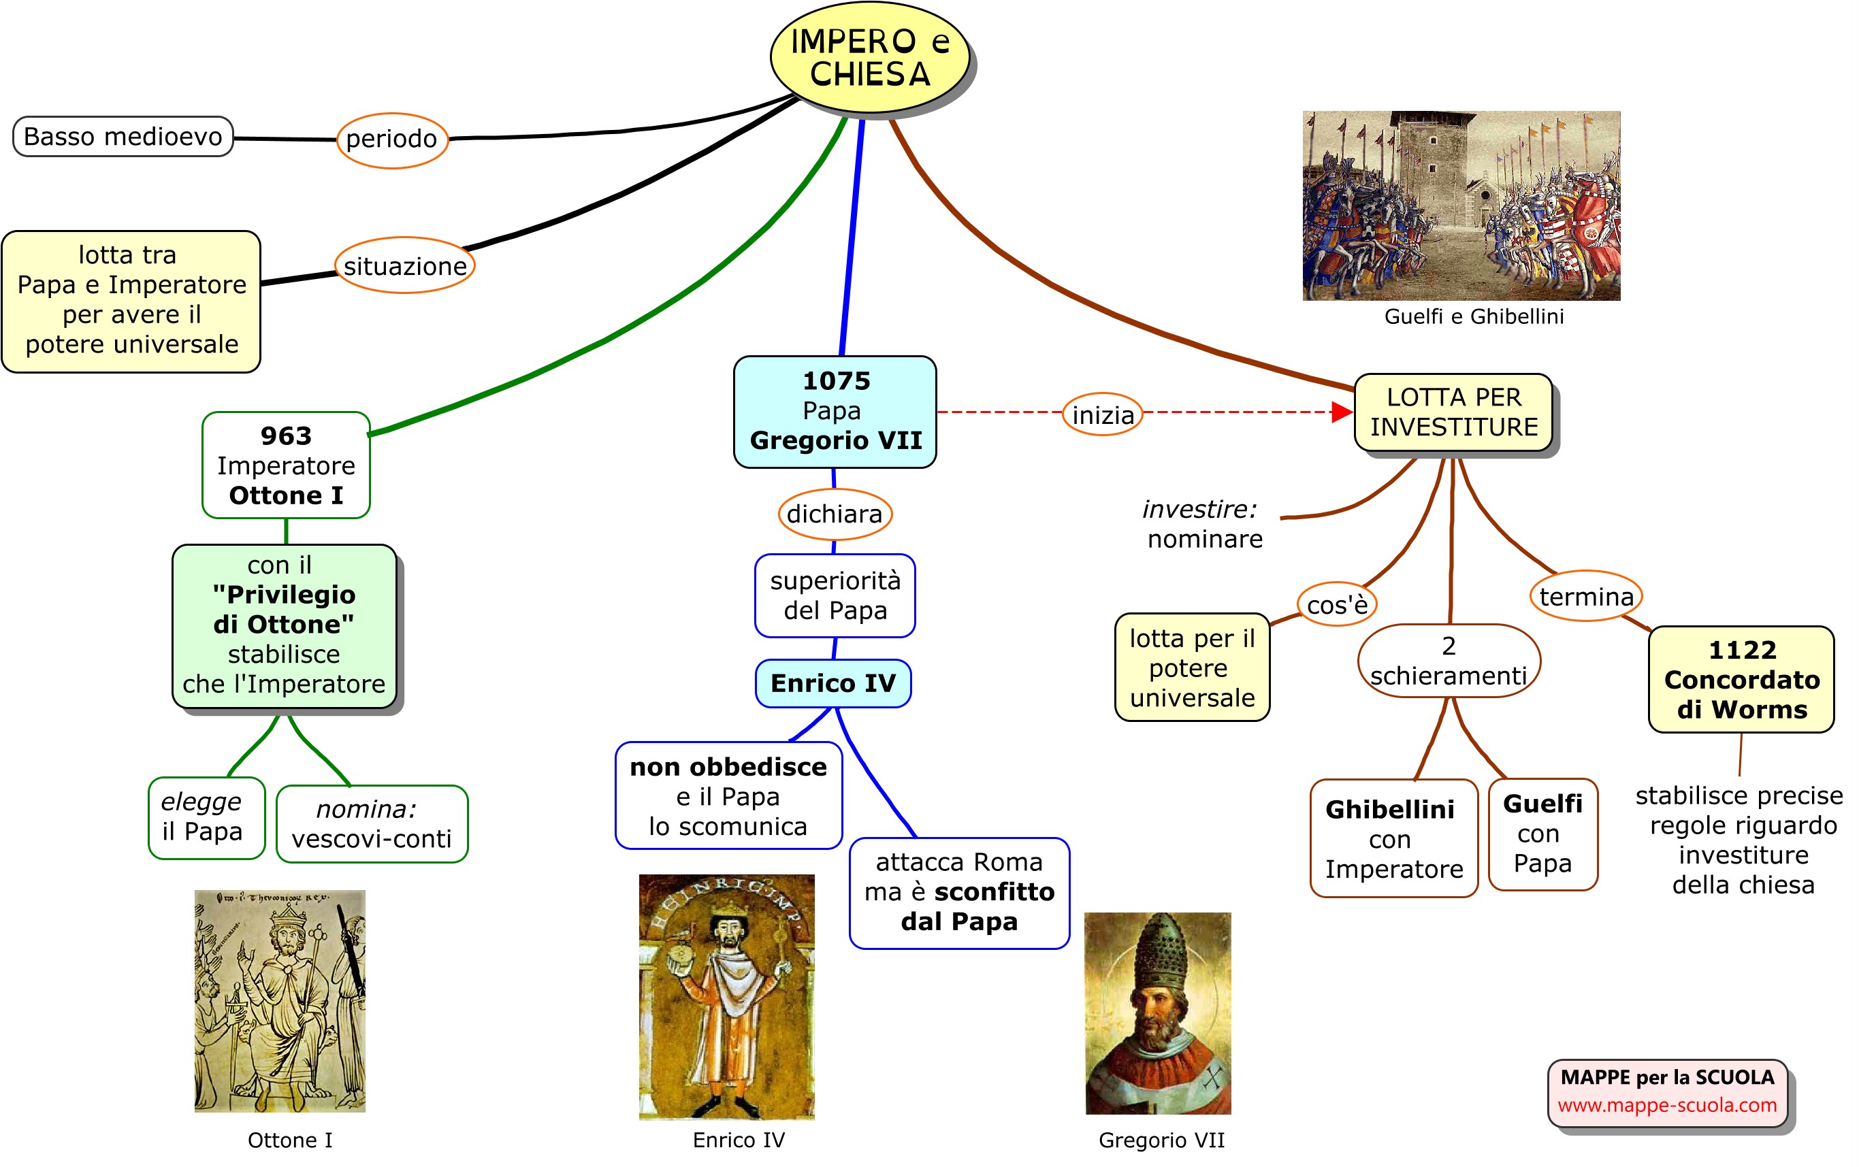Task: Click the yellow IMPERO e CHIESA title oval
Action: [x=869, y=58]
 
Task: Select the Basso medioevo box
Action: [x=123, y=137]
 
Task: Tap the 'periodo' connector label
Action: [x=391, y=139]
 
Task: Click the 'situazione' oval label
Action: [x=404, y=265]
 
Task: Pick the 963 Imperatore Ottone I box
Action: [x=286, y=465]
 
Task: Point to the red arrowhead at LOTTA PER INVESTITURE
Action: [x=1342, y=412]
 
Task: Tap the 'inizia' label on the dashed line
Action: [x=1103, y=414]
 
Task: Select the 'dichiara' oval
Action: [x=835, y=513]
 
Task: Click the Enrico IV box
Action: [x=833, y=683]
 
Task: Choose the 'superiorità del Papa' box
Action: [x=835, y=595]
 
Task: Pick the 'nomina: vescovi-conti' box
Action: [x=372, y=823]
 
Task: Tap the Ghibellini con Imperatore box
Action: [x=1393, y=838]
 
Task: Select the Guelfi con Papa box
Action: [x=1542, y=834]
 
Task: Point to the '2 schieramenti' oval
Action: [x=1449, y=661]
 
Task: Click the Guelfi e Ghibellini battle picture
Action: [x=1461, y=206]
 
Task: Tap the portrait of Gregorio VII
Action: [x=1157, y=1013]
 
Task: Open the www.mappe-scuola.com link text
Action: [x=1667, y=1105]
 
